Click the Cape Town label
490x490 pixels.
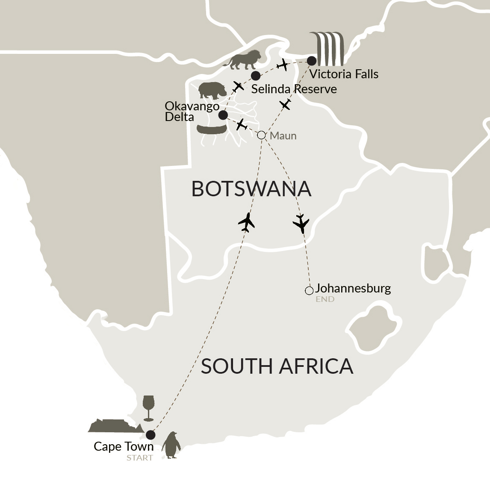(123, 446)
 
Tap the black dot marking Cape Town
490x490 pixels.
(150, 435)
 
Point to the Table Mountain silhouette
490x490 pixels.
(115, 425)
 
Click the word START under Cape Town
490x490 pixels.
(139, 458)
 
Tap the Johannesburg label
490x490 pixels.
(353, 288)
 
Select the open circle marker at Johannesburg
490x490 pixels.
(309, 291)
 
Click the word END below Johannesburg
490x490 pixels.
(325, 299)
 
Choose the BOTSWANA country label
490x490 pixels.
(251, 189)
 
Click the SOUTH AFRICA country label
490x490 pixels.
(277, 366)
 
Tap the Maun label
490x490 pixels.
(283, 136)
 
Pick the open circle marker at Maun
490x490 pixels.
(262, 135)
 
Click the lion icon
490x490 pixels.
(242, 60)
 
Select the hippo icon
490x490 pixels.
(213, 91)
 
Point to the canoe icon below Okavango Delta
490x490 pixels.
(211, 129)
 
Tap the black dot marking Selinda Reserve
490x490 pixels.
(256, 76)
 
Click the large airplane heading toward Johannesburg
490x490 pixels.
(301, 224)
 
